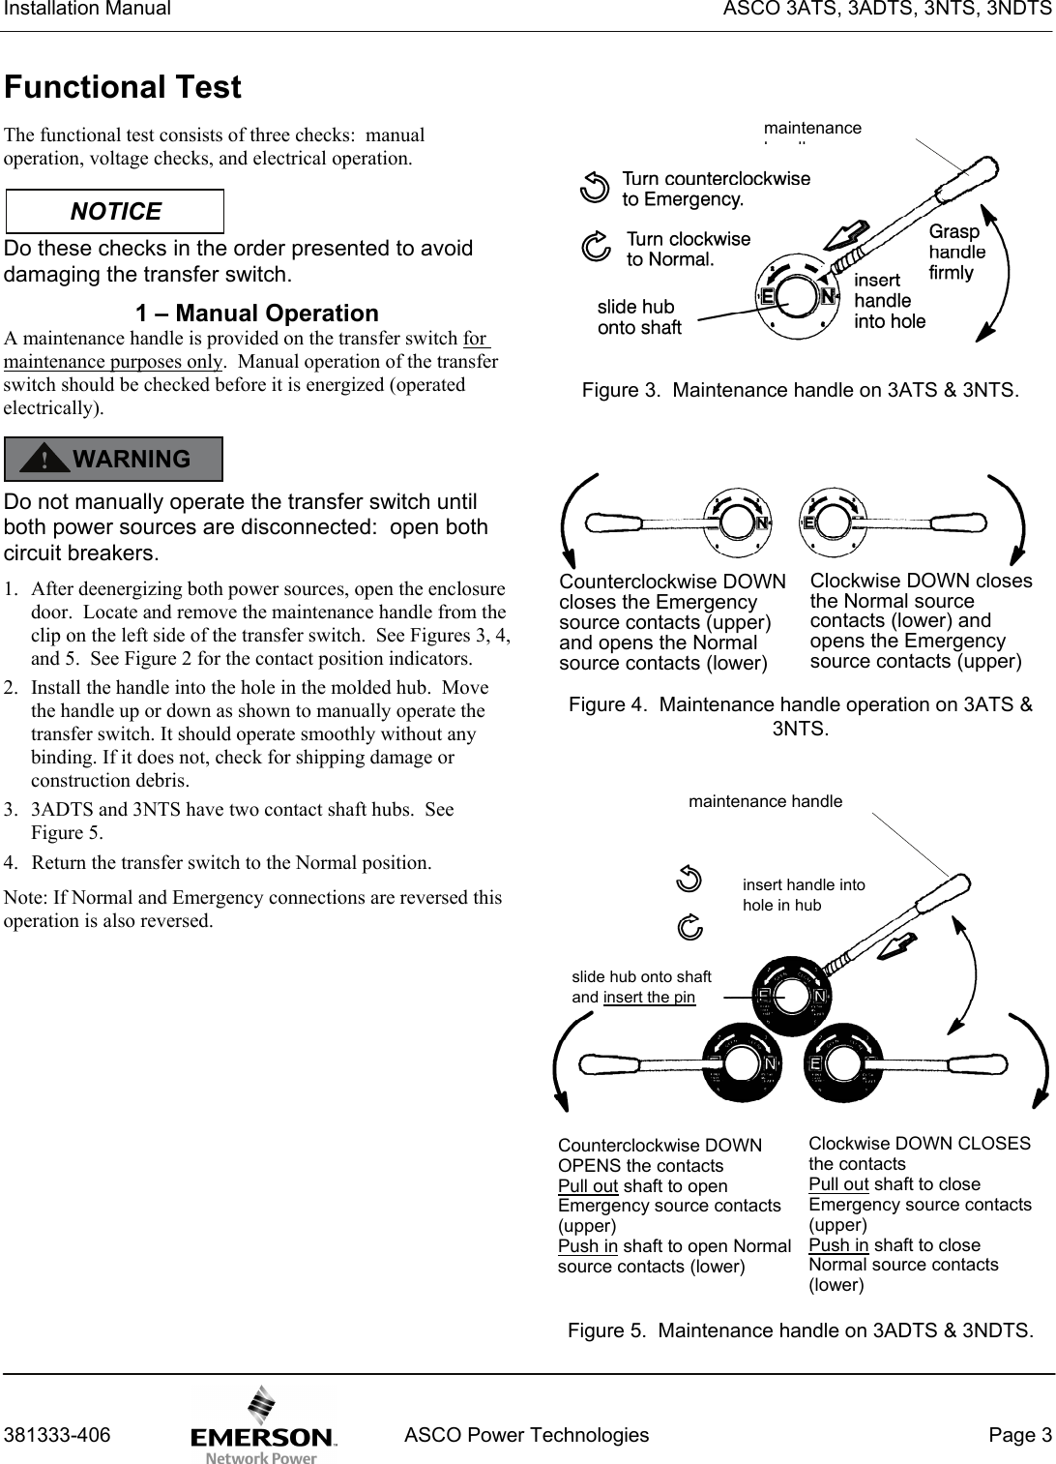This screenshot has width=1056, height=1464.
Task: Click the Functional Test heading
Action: point(123,88)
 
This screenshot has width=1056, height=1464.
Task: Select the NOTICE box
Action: point(115,212)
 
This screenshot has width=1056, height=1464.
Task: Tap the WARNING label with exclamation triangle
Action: point(114,459)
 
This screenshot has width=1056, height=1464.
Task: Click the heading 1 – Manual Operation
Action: point(256,314)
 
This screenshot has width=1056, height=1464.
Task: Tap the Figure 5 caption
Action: point(800,1330)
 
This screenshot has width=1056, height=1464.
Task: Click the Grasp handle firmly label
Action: point(956,253)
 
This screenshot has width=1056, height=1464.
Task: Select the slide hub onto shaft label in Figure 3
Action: point(639,317)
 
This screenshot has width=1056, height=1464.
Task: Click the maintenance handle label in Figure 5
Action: point(765,801)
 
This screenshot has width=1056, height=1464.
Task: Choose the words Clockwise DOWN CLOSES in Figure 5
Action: point(919,1144)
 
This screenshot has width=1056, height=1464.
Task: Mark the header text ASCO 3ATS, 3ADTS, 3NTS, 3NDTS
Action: point(883,11)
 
